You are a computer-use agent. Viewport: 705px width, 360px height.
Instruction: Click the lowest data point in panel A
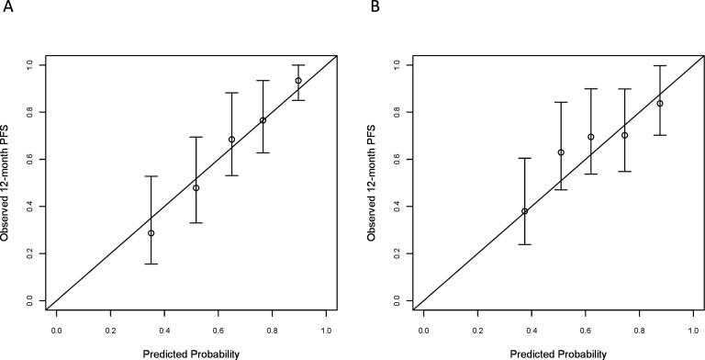click(x=151, y=233)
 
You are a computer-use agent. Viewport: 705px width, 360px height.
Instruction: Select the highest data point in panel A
click(x=298, y=81)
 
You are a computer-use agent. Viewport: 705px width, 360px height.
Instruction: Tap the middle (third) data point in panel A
click(x=231, y=140)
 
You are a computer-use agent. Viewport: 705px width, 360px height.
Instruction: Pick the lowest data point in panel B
click(x=525, y=211)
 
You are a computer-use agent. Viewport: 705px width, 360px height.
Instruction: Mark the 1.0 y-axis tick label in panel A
click(x=31, y=65)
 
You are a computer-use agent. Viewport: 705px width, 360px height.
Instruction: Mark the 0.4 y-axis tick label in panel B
click(x=398, y=206)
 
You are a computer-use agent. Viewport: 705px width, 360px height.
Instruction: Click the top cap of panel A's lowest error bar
click(x=151, y=175)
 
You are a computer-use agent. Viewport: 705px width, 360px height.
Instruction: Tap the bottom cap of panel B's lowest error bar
click(x=525, y=244)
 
